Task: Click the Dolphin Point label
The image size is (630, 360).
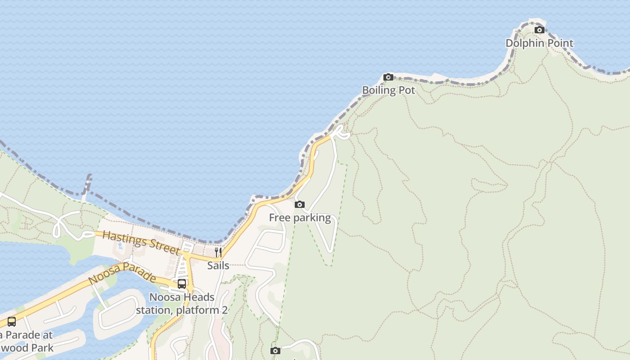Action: [540, 43]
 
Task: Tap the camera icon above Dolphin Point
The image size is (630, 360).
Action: [539, 30]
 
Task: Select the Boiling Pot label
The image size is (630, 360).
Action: [388, 90]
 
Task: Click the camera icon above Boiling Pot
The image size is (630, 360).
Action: [388, 77]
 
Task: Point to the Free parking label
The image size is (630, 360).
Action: [300, 218]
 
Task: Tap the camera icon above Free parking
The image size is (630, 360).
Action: [299, 205]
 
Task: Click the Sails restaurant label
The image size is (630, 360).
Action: [218, 265]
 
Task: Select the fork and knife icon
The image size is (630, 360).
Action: [218, 252]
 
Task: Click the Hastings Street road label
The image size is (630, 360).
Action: [141, 242]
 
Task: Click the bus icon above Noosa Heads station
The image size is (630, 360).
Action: [182, 283]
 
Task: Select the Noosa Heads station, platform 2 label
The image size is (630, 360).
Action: [182, 304]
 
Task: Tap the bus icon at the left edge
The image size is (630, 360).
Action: [12, 322]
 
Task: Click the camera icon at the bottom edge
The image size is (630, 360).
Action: [275, 351]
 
